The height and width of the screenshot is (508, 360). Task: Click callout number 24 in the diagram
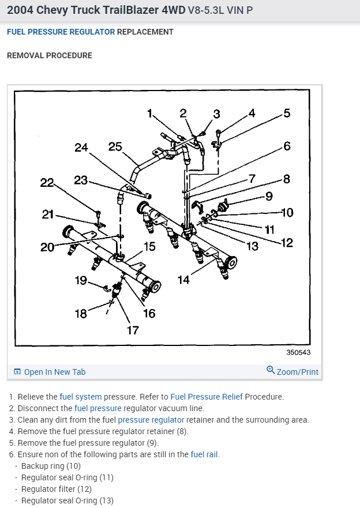[x=81, y=148]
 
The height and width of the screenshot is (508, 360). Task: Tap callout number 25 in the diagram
[x=115, y=146]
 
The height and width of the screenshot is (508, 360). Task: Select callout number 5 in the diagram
[x=287, y=113]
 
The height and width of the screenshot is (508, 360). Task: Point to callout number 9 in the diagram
[x=269, y=196]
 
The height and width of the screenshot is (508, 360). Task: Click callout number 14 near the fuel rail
[x=183, y=280]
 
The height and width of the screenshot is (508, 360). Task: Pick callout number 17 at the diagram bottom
[x=133, y=330]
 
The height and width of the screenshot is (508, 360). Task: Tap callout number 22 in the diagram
[x=47, y=183]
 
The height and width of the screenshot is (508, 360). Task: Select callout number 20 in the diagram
[x=47, y=247]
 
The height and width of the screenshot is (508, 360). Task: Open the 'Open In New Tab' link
[x=54, y=372]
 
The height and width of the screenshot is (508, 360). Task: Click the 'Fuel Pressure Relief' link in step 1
[x=207, y=397]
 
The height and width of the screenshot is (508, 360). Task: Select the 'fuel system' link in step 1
[x=81, y=397]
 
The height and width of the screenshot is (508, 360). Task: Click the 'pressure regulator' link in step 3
[x=151, y=420]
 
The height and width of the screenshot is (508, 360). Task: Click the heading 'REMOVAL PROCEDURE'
[x=49, y=55]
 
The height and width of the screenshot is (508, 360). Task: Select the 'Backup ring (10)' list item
[x=51, y=466]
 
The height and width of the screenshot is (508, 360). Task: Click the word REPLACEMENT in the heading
[x=145, y=32]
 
